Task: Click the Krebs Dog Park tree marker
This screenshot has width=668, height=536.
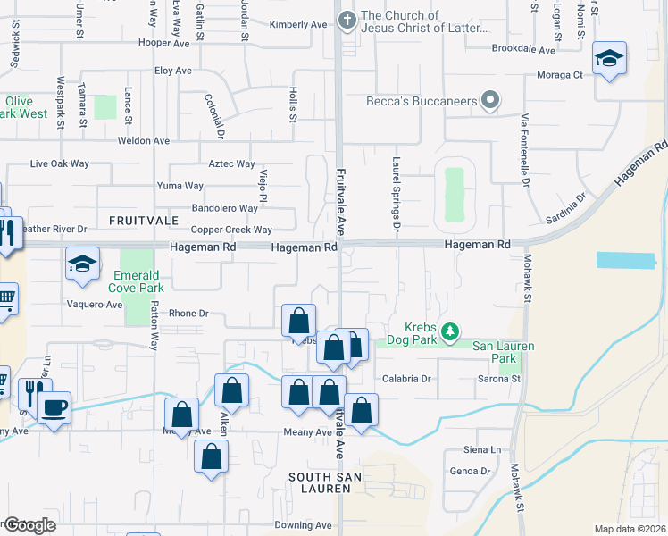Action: click(x=452, y=333)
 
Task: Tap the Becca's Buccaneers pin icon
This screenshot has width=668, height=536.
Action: click(x=489, y=101)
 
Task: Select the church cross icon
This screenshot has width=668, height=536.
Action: click(x=347, y=18)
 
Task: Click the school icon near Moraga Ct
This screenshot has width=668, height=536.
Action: click(x=609, y=59)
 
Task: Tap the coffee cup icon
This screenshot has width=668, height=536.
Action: click(x=54, y=407)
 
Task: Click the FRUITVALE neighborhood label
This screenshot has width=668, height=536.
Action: click(x=138, y=219)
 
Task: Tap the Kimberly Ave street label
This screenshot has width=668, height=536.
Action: click(x=298, y=25)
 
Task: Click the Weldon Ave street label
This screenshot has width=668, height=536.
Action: click(x=143, y=141)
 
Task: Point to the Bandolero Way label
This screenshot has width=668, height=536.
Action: click(x=225, y=208)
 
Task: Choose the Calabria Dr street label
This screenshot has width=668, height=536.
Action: click(x=406, y=379)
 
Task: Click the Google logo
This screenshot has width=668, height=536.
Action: click(x=30, y=525)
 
